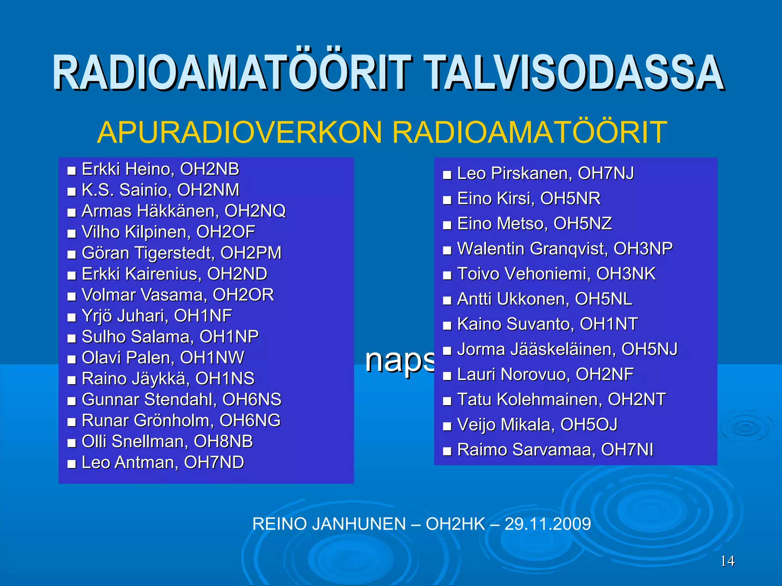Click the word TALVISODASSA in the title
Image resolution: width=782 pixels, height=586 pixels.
coord(574,73)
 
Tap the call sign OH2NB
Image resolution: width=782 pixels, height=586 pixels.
coord(210,169)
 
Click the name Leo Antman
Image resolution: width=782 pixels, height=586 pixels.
coord(130,462)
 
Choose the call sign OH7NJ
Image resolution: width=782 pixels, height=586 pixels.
coord(606,173)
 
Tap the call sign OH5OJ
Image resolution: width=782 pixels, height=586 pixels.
coord(589,425)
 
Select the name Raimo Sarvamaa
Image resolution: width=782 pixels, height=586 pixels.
coord(526,450)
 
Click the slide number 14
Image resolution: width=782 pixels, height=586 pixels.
coord(727,561)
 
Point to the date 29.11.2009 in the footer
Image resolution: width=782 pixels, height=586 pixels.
coord(548,524)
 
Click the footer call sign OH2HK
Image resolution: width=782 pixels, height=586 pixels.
coord(455,524)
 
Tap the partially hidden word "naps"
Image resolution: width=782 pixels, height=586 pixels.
coord(399,361)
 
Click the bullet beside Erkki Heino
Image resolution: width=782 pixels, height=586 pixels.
coord(71,171)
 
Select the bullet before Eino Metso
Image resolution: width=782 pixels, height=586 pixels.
coord(447,225)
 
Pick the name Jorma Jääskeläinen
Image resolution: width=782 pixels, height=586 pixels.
coord(536,349)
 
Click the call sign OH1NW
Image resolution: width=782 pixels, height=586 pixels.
coord(212,358)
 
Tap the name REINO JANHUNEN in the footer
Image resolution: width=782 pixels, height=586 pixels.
coord(329,524)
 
